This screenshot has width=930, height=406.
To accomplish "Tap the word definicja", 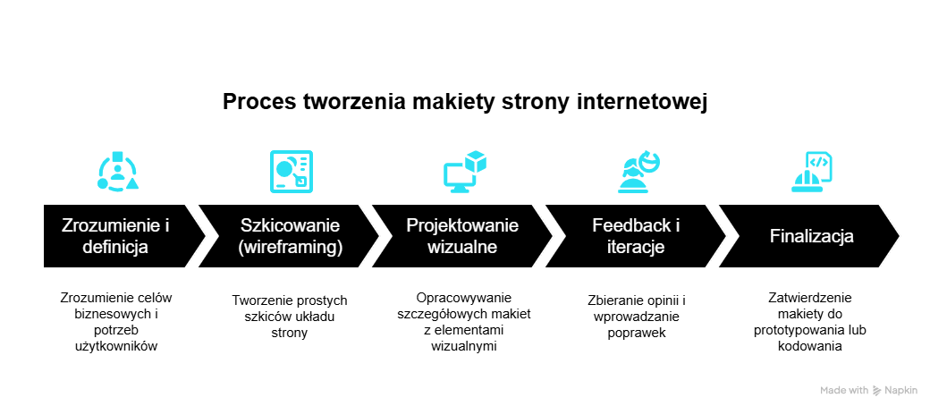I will [x=115, y=247].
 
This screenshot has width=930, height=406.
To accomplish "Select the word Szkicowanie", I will [x=291, y=225].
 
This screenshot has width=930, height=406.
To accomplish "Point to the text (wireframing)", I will [x=291, y=247].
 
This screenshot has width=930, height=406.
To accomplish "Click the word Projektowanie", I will [x=462, y=225].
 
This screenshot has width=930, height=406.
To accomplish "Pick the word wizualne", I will [x=462, y=247].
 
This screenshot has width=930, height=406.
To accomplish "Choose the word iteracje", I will [x=634, y=247].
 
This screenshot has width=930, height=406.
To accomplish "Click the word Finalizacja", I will [x=812, y=236].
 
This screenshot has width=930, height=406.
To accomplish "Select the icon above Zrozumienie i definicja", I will [x=118, y=172].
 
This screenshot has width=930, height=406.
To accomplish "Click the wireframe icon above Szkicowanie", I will [x=292, y=171].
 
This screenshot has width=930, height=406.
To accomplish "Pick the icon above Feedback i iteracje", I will [x=638, y=172].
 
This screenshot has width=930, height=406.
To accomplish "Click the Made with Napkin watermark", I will [x=870, y=390].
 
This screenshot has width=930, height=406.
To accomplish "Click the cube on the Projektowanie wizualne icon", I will [x=477, y=161].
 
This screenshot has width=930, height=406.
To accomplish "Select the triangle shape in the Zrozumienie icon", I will [x=132, y=183].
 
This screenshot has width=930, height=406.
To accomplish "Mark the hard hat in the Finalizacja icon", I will [x=804, y=181].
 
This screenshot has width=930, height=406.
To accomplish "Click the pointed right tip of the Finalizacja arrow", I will [x=898, y=236].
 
